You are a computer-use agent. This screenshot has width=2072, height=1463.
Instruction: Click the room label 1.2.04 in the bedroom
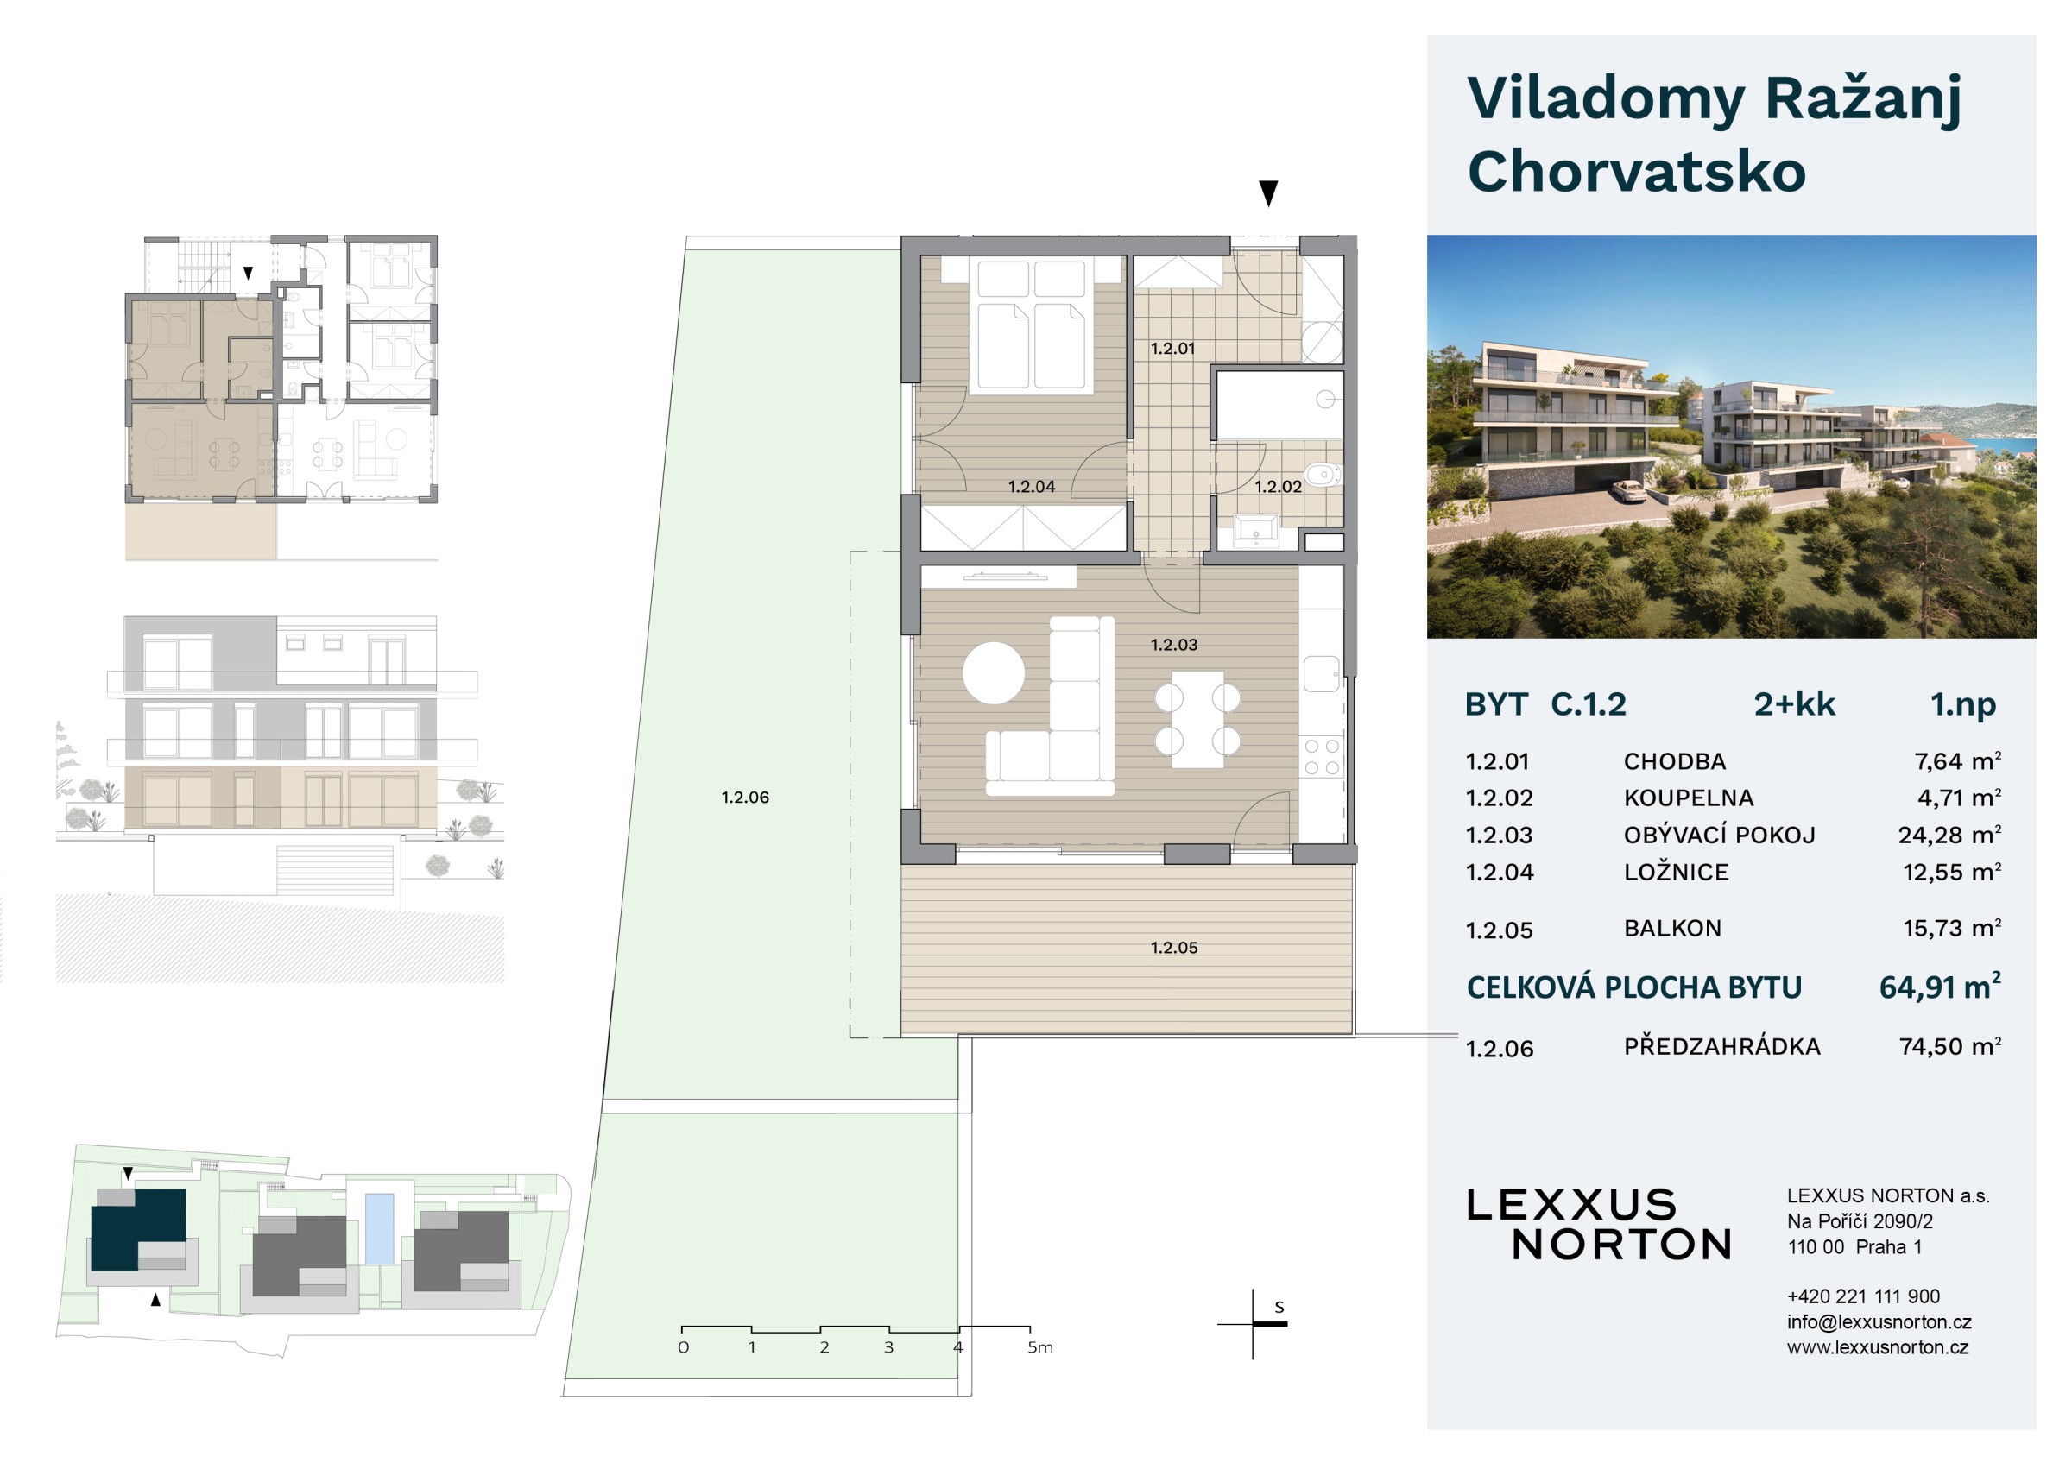(x=1032, y=487)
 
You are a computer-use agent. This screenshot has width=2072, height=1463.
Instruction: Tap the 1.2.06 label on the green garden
(x=745, y=798)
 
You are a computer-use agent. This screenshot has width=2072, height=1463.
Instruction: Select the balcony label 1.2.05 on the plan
(x=1174, y=948)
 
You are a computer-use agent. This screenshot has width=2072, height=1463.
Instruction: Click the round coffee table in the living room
(x=994, y=673)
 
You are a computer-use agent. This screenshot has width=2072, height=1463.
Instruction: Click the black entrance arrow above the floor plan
(x=1269, y=193)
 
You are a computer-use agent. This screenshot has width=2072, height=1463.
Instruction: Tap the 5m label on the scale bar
(x=1039, y=1347)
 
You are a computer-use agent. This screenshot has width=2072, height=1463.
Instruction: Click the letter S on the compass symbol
(x=1279, y=1307)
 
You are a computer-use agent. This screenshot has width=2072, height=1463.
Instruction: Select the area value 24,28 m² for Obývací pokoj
(x=1949, y=836)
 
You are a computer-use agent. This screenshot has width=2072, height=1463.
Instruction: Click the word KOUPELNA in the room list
(x=1689, y=798)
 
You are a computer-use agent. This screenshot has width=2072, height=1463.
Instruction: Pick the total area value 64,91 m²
(x=1940, y=987)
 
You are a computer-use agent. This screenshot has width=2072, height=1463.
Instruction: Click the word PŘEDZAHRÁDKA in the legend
(x=1721, y=1046)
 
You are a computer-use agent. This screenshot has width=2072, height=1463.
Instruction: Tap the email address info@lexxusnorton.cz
(x=1879, y=1322)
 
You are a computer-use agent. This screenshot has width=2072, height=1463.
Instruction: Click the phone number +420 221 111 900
(x=1864, y=1296)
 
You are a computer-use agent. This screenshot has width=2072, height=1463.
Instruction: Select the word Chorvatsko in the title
(x=1636, y=172)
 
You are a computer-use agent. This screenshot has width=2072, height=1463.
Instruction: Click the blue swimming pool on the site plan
(x=379, y=1228)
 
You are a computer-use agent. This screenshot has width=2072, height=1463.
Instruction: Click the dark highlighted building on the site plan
(x=138, y=1228)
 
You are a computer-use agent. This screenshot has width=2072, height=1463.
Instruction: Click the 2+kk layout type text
(x=1794, y=704)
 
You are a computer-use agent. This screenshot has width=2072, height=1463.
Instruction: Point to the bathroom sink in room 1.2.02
(x=1255, y=528)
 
